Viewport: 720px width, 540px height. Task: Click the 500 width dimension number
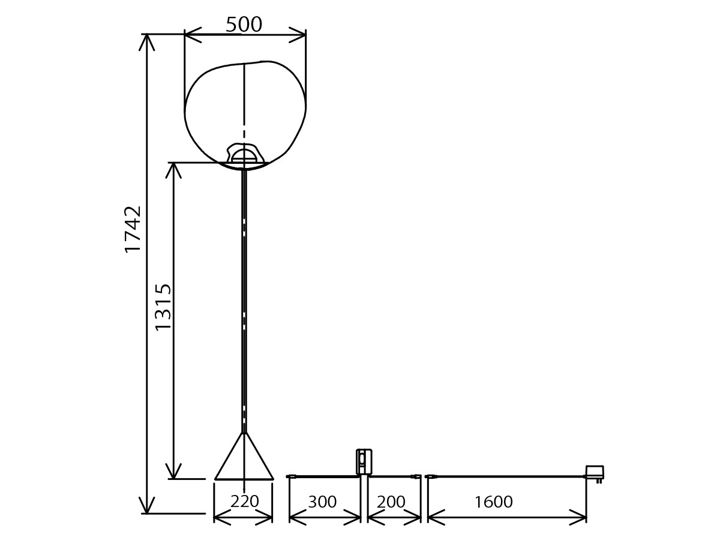pyautogui.click(x=244, y=24)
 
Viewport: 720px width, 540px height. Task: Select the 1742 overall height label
pyautogui.click(x=133, y=230)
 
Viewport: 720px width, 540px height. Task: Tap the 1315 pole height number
pyautogui.click(x=163, y=307)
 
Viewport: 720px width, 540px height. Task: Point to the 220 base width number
pyautogui.click(x=244, y=502)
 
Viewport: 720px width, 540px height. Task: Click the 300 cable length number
pyautogui.click(x=322, y=502)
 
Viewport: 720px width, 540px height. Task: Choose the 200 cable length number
pyautogui.click(x=391, y=502)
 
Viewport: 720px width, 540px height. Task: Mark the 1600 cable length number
pyautogui.click(x=493, y=502)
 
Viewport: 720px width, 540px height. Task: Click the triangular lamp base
pyautogui.click(x=244, y=457)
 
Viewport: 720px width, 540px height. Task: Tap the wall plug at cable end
pyautogui.click(x=595, y=474)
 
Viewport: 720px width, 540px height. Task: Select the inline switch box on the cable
pyautogui.click(x=364, y=461)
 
